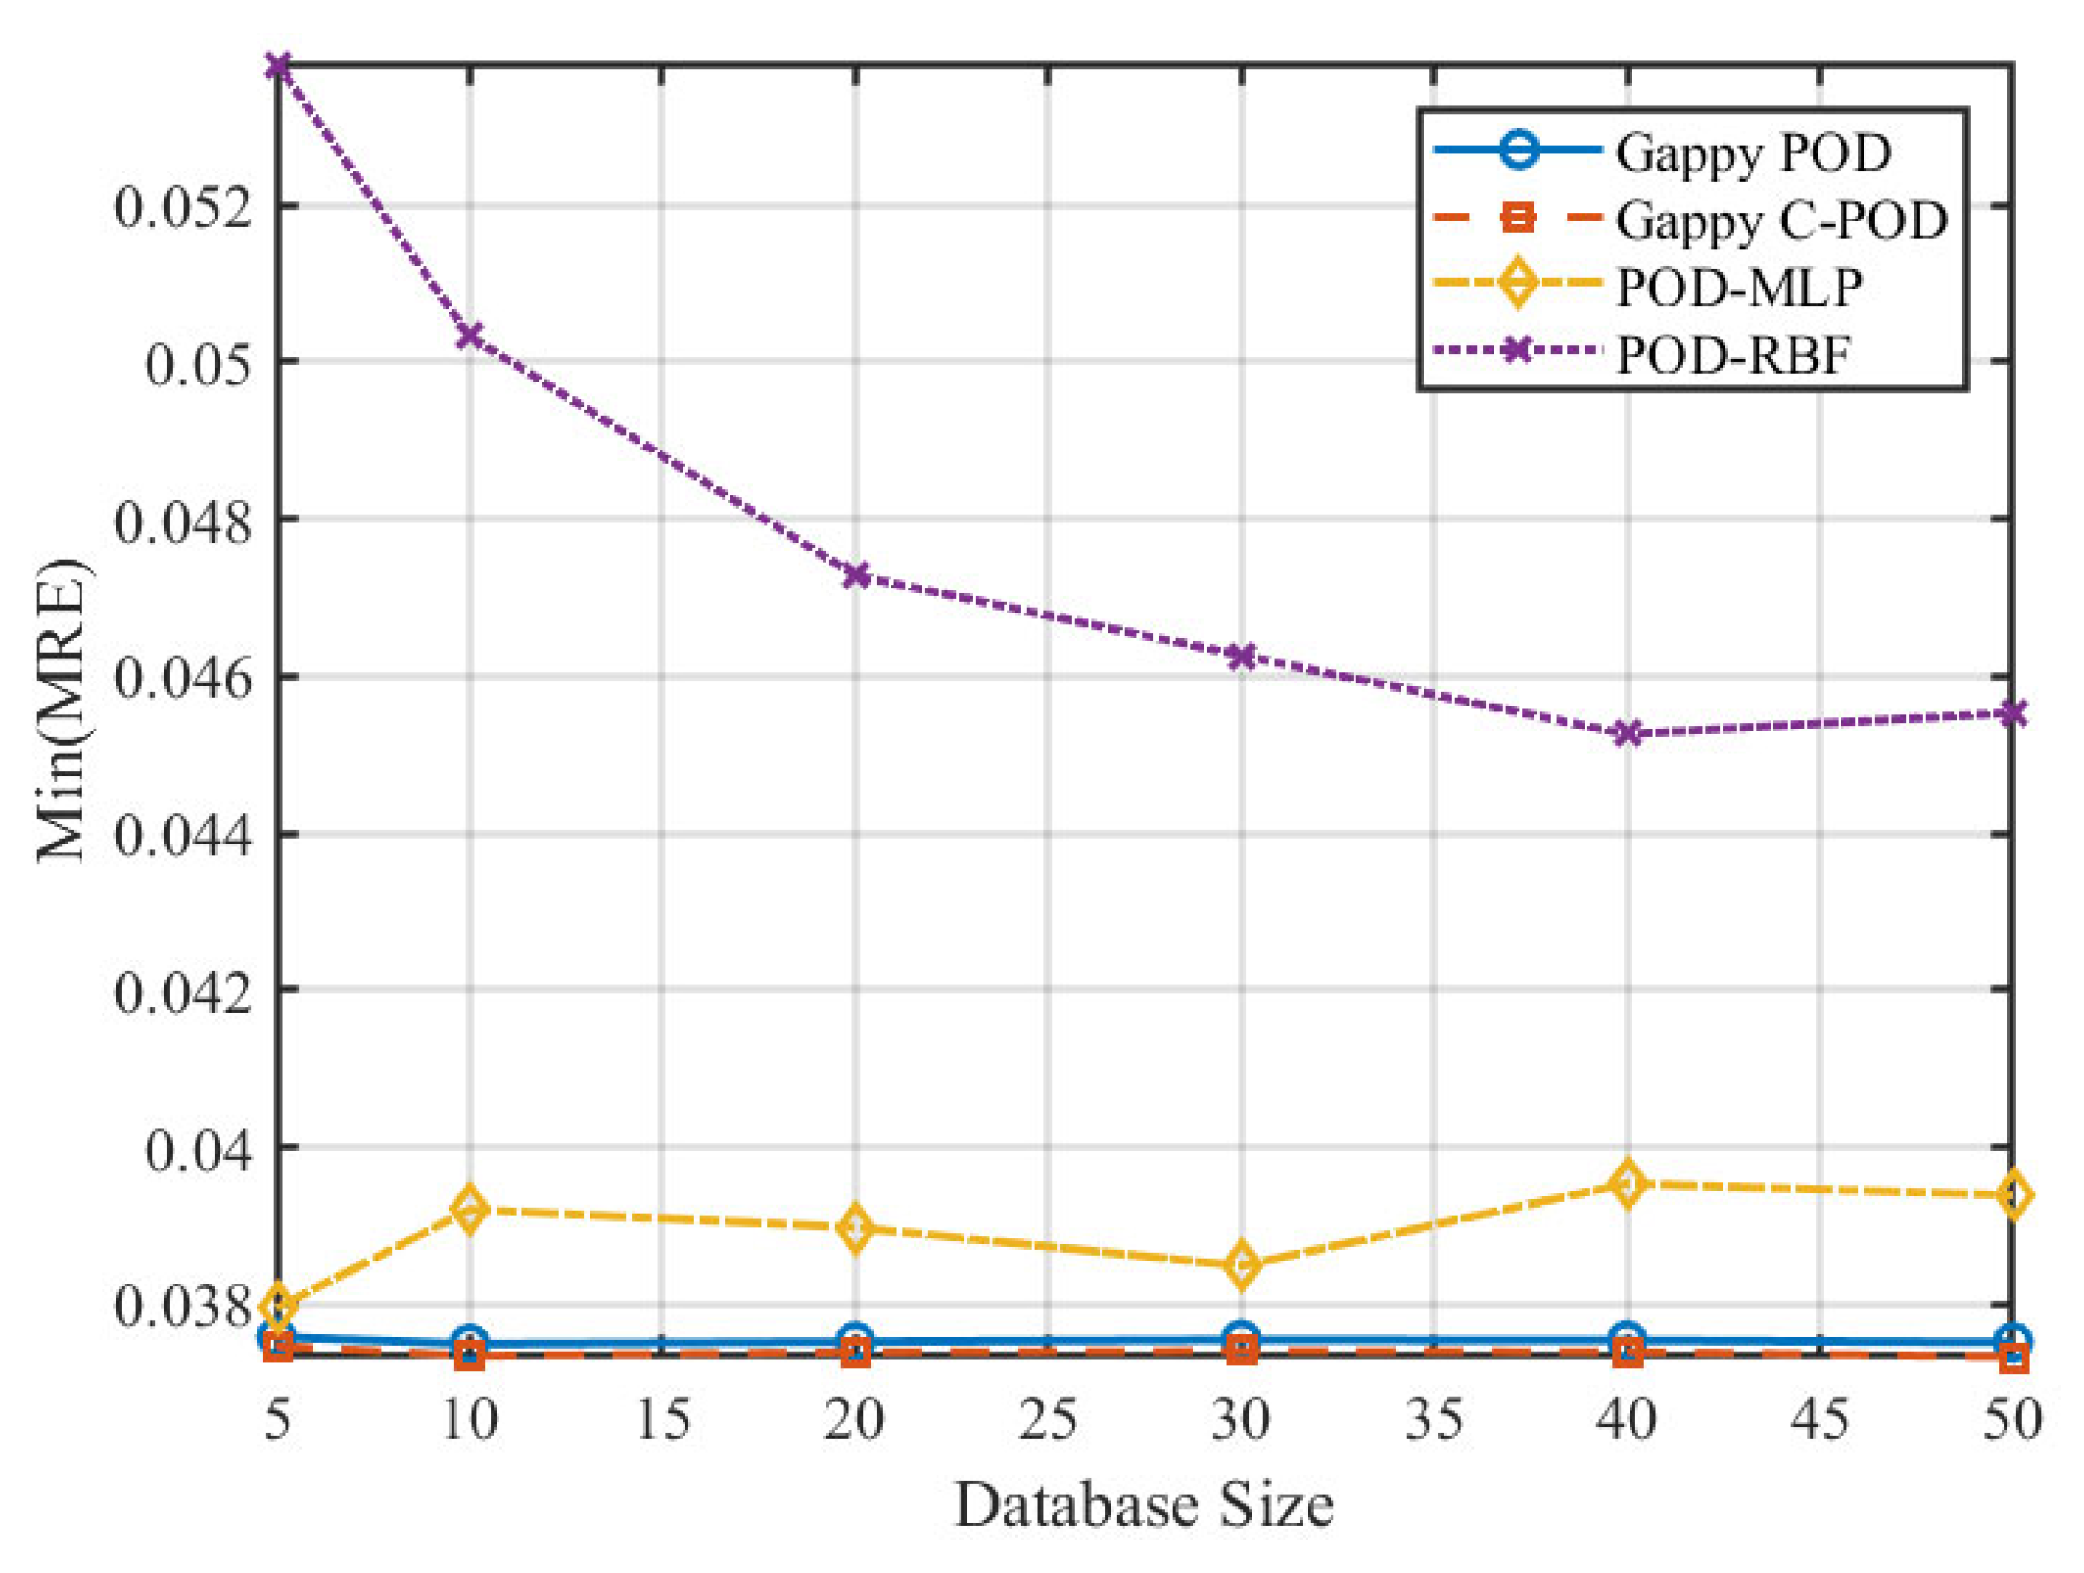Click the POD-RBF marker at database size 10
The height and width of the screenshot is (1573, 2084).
[470, 336]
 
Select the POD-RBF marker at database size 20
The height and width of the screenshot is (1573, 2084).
[856, 575]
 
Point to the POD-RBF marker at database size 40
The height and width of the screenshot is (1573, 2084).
[1627, 733]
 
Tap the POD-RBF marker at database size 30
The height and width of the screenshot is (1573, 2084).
[1242, 657]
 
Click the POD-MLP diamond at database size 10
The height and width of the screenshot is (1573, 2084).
[470, 1209]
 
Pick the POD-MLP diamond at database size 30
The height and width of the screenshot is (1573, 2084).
[1242, 1265]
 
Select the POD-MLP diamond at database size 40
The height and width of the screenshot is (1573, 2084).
[1627, 1183]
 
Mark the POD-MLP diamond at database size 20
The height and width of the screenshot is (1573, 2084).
[856, 1228]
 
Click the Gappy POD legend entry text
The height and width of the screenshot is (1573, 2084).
[1753, 153]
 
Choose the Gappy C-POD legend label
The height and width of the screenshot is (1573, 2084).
[1781, 220]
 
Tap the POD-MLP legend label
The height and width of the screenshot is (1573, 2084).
[1739, 287]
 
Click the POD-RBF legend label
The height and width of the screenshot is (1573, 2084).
[1732, 355]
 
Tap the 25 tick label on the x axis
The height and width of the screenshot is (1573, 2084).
[1048, 1420]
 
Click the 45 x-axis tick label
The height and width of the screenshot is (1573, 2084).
[1819, 1420]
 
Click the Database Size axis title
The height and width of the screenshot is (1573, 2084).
[1144, 1505]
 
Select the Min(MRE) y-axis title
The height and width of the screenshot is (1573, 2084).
[63, 709]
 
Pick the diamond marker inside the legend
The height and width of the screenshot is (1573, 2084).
[1517, 284]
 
